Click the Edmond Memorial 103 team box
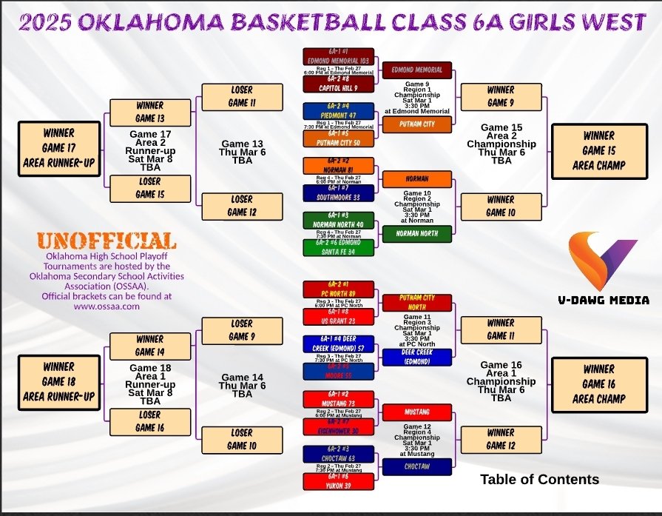click(338, 57)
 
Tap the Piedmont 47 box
click(338, 111)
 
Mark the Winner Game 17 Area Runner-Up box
click(58, 148)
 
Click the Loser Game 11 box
click(242, 96)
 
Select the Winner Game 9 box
click(500, 96)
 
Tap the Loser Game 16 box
click(149, 421)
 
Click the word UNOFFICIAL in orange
click(107, 241)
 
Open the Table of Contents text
click(539, 480)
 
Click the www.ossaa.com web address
click(107, 306)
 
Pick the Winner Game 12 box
click(500, 439)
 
